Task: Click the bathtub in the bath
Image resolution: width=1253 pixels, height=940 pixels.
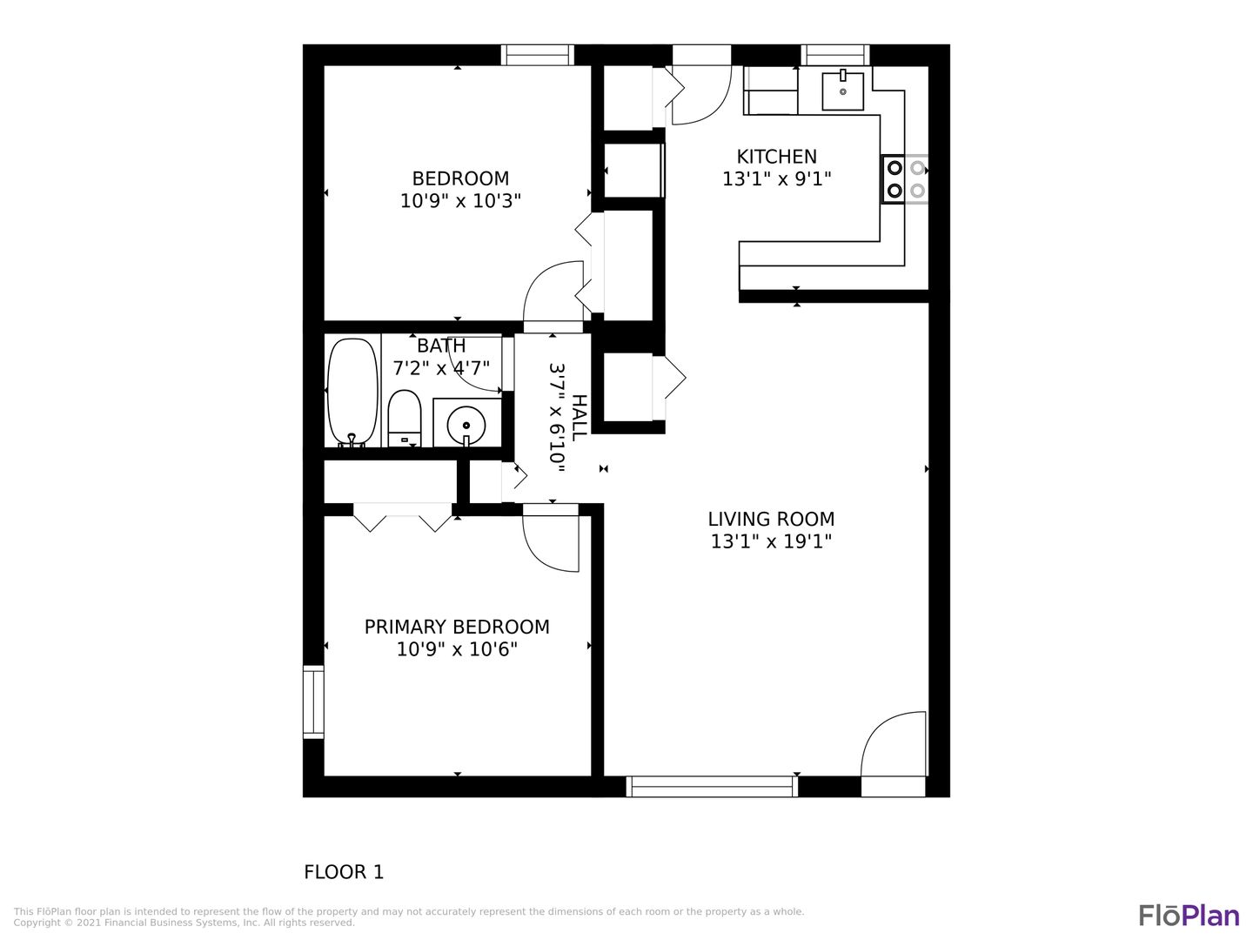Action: coord(352,392)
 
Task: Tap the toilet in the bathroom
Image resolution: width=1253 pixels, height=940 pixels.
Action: coord(404,419)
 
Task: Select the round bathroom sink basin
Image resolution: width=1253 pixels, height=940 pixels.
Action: coord(466,426)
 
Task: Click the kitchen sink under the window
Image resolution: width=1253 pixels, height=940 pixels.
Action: coord(842,91)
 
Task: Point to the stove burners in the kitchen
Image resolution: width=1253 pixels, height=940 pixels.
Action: coord(905,179)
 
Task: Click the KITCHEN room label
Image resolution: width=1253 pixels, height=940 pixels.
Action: coord(776,157)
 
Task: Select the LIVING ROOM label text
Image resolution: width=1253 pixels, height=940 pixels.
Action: coord(771,519)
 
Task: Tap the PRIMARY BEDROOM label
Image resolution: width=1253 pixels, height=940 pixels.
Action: coord(457,627)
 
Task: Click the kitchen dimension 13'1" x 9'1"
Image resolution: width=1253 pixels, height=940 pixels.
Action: coord(776,179)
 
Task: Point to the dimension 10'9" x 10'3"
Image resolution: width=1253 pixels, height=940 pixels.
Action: coord(460,201)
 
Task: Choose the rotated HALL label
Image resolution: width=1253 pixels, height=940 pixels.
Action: coord(579,417)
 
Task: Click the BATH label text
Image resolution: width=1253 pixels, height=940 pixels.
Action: coord(441,346)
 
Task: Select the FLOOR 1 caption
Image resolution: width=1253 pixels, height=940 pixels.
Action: coord(344,872)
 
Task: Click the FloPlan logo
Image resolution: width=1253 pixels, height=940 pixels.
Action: coord(1189,916)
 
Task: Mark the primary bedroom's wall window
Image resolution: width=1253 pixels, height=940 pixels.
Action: coord(313,702)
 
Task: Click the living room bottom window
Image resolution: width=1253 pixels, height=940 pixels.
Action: coord(712,787)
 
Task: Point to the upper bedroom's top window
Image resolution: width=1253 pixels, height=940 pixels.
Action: coord(538,56)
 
